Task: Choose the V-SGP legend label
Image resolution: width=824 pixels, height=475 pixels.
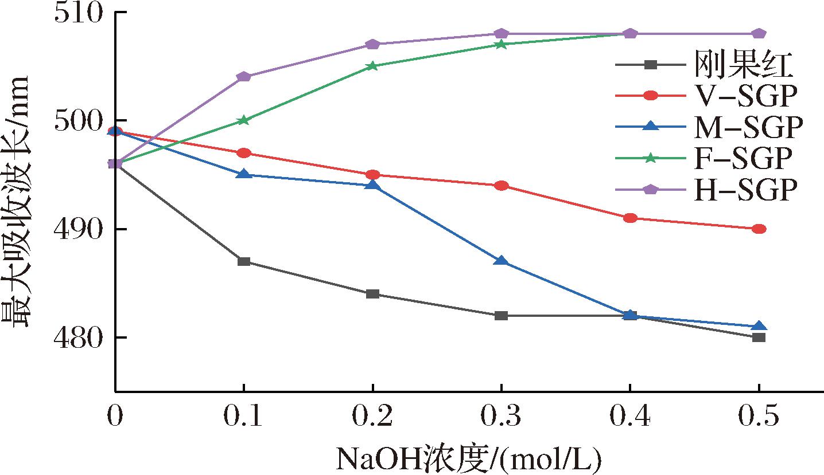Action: (x=745, y=96)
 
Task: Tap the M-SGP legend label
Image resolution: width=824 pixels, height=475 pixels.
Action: (x=745, y=127)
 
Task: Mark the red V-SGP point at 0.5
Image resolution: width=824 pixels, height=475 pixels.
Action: (x=759, y=229)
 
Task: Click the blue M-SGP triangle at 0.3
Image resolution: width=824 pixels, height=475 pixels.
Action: (x=501, y=261)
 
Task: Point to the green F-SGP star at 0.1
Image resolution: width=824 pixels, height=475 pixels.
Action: (x=244, y=120)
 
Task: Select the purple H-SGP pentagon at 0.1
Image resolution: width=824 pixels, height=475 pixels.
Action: (x=244, y=77)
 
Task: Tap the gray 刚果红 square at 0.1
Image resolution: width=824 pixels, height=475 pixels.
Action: (x=244, y=262)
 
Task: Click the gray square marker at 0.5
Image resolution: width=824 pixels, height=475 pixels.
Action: (x=759, y=337)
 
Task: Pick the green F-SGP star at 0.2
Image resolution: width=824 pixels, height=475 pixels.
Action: (x=372, y=66)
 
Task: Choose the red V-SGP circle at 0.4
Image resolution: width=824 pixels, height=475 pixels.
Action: (x=630, y=218)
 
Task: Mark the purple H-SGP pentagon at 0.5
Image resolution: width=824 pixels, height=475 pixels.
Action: (x=759, y=34)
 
